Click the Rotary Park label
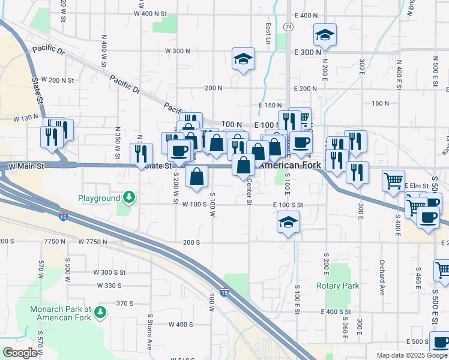[x=337, y=286]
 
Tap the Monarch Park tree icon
[x=100, y=312]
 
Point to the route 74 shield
[x=289, y=28]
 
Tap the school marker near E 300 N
[x=325, y=35]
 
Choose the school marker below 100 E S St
[x=288, y=223]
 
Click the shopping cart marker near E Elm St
[x=393, y=179]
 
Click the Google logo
[x=20, y=352]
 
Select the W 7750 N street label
[x=92, y=242]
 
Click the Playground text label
[x=99, y=198]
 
